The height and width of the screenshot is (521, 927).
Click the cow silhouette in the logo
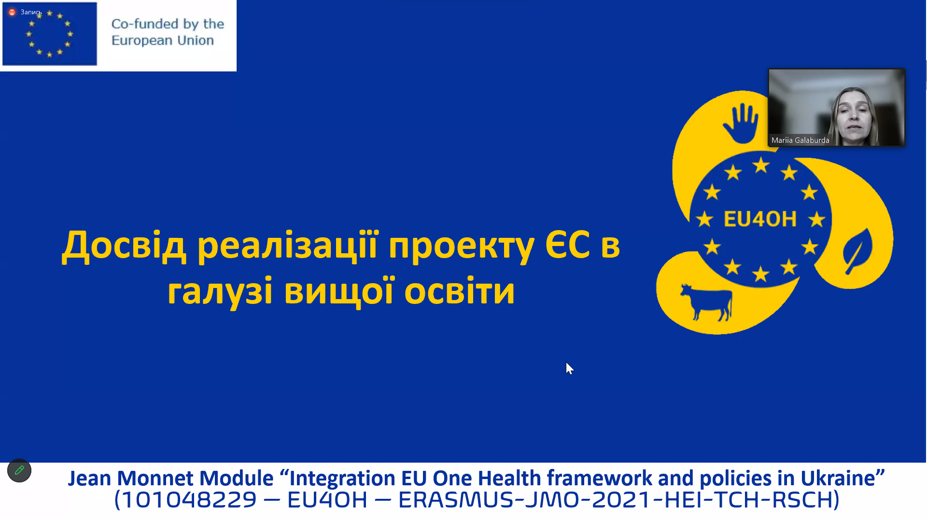[x=706, y=302]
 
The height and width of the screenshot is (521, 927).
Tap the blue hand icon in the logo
[x=741, y=123]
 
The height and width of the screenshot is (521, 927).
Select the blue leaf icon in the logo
[x=858, y=251]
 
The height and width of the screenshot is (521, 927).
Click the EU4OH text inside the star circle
[x=760, y=219]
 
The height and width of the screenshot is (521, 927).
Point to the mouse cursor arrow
[x=569, y=368]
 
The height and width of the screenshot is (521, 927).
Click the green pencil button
[x=19, y=470]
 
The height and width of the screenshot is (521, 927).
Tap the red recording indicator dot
[x=12, y=12]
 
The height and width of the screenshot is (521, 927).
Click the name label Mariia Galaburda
[x=800, y=140]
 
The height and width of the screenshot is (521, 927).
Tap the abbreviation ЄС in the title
[x=567, y=245]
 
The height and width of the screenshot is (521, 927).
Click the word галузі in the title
[x=220, y=292]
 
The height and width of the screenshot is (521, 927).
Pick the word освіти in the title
[x=460, y=291]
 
